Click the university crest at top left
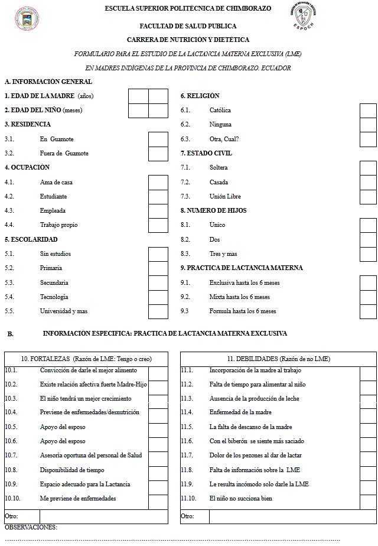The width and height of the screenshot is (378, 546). point(26,20)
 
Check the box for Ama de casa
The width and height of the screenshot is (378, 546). point(158,183)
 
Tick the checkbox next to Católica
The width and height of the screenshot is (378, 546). point(369,110)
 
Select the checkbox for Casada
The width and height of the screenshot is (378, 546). point(369,183)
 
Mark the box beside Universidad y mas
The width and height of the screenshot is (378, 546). point(158,311)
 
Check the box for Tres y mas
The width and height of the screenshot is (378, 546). point(369,254)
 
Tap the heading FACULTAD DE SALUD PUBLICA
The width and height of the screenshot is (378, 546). point(188,26)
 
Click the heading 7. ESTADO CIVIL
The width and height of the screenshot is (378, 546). point(206,153)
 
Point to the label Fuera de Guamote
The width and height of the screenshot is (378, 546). point(64,154)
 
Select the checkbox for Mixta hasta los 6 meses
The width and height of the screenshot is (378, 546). point(369,297)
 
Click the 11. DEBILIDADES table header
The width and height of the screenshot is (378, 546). point(279,359)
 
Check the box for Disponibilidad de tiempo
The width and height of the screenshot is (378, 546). point(158,470)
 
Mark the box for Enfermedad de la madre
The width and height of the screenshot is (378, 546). point(369,412)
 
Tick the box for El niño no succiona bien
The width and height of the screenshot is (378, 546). point(369,499)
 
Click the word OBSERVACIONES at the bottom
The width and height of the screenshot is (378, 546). point(31,527)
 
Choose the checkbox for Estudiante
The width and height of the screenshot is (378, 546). point(158,197)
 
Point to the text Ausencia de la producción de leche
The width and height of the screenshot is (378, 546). point(254,399)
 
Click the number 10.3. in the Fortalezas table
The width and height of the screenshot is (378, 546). point(11,399)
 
